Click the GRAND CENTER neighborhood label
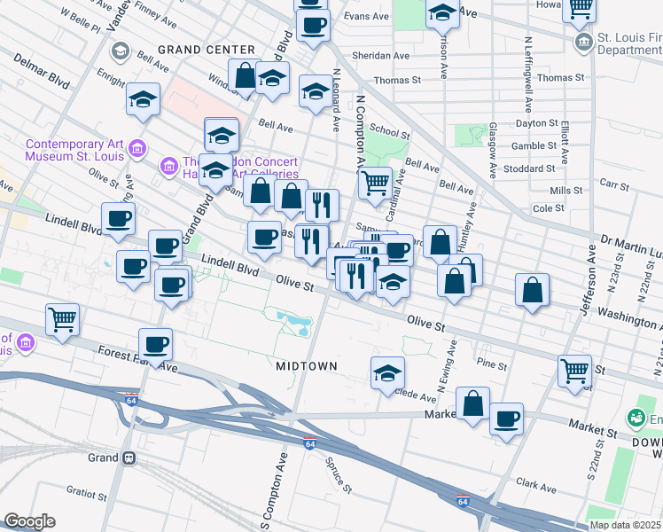coord(206,49)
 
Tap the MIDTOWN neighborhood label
coord(306,365)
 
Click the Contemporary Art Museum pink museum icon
coord(136,149)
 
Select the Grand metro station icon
coord(129,458)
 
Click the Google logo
coord(29,521)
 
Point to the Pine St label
coord(490,364)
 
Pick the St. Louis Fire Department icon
coord(584,42)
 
